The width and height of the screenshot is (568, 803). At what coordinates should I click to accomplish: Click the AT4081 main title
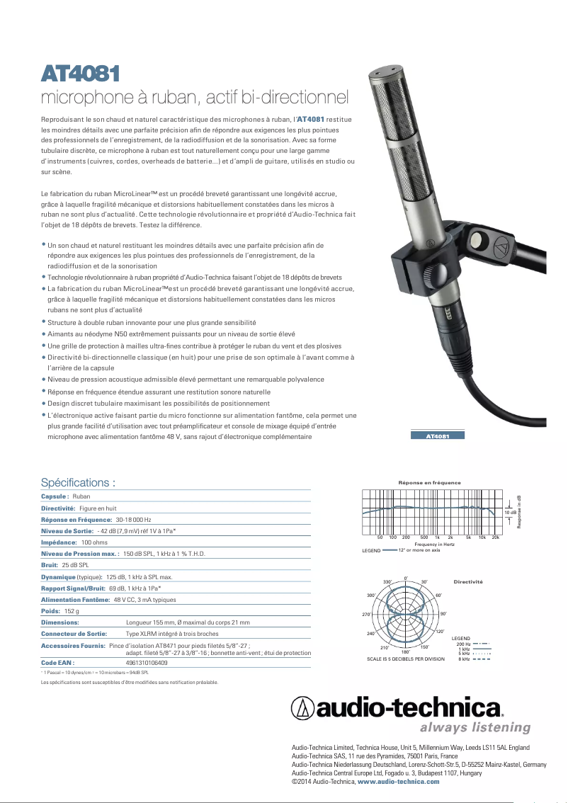79,73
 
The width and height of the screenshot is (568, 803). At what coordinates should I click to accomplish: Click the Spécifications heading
78,483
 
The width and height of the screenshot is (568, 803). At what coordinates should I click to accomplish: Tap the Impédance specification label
59,542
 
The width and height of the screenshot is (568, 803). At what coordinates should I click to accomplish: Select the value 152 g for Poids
72,610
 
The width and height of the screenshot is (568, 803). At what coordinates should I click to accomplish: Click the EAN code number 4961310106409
147,663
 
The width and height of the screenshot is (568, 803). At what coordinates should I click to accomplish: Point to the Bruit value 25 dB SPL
75,565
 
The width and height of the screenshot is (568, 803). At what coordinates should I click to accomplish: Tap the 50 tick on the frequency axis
380,538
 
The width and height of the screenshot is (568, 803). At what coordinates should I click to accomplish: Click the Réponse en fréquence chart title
429,483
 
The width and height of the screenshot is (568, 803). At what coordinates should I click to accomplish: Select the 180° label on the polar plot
405,651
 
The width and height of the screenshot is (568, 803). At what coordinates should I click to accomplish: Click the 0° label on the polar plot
406,577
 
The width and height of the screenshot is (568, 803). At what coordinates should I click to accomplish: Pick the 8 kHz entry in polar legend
464,659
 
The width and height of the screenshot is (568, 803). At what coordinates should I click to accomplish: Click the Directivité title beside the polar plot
468,581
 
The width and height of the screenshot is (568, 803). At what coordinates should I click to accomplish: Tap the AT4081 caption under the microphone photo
438,436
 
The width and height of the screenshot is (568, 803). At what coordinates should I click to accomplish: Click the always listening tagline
475,727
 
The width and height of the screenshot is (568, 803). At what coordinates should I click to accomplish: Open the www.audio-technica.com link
398,781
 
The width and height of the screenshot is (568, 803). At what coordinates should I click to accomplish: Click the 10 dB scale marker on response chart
510,511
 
